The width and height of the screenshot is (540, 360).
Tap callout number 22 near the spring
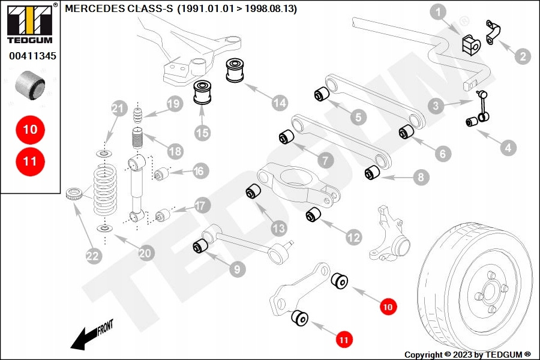pyautogui.click(x=92, y=256)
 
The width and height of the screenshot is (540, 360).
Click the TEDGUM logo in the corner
pyautogui.click(x=29, y=24)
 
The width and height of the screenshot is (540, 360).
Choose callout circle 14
pyautogui.click(x=280, y=103)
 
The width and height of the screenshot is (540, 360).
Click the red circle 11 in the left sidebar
pyautogui.click(x=30, y=161)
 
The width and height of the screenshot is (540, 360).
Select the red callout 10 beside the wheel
pyautogui.click(x=388, y=307)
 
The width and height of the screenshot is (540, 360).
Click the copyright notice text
pyautogui.click(x=467, y=355)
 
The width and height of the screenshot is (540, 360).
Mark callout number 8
pyautogui.click(x=420, y=177)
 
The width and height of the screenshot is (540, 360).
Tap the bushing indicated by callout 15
pyautogui.click(x=203, y=94)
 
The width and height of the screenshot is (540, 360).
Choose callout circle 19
pyautogui.click(x=174, y=104)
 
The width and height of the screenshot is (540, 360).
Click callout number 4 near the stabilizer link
pyautogui.click(x=508, y=147)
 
